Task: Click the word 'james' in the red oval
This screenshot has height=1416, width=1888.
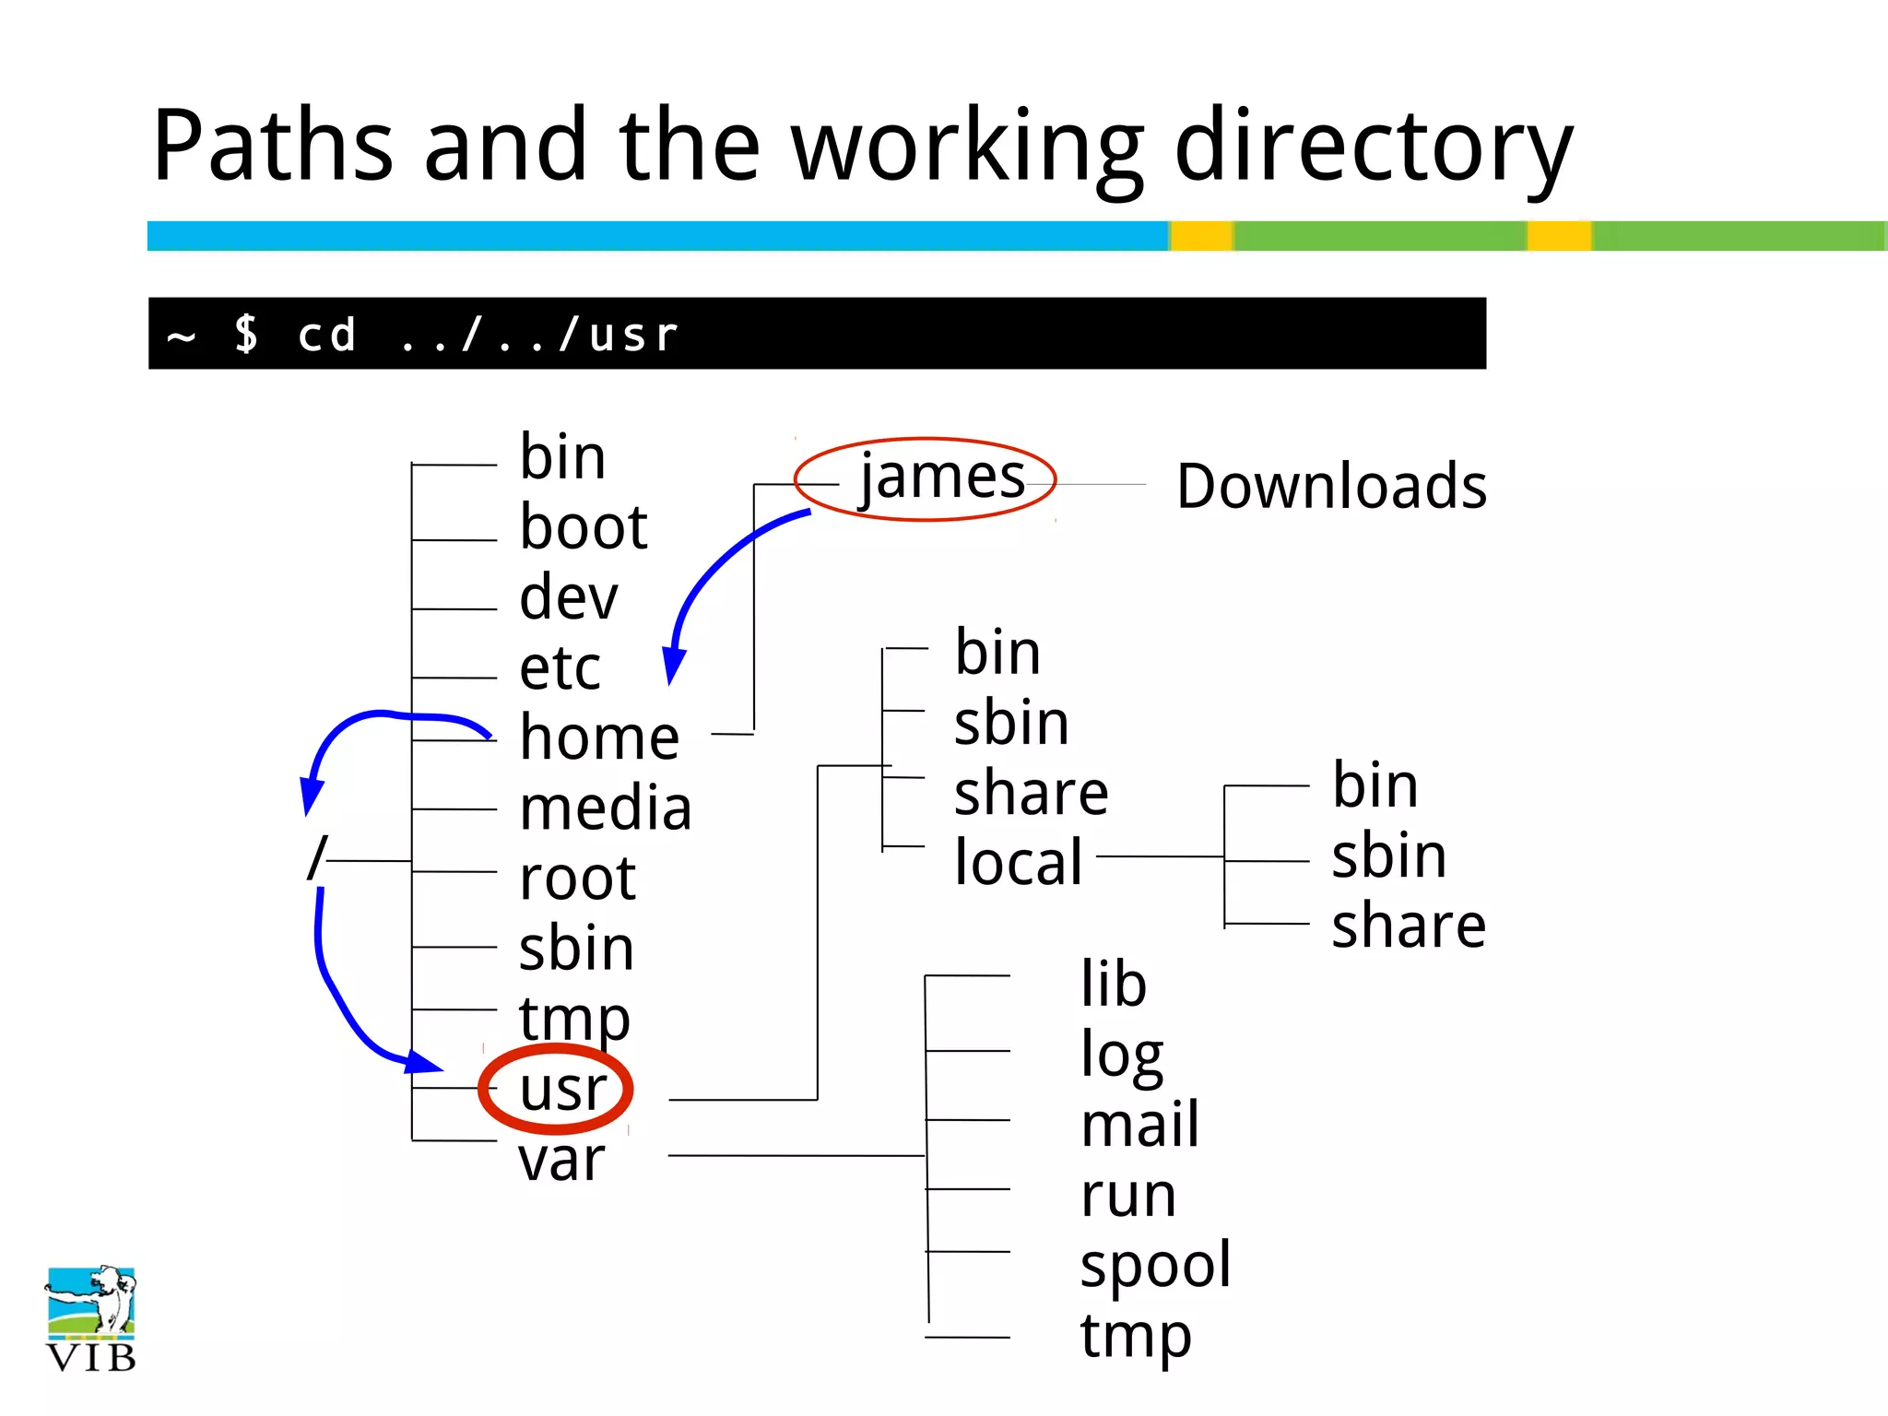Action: (942, 478)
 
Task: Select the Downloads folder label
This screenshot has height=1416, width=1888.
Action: (1331, 486)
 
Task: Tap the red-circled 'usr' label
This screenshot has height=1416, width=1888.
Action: (561, 1090)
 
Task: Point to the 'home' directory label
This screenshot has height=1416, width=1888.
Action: (599, 737)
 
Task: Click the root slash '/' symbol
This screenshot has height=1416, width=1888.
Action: (316, 858)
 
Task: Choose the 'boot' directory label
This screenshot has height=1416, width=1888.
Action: (584, 527)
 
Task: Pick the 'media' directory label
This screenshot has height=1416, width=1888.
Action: (605, 808)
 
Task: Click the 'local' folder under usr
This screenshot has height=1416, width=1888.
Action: (1018, 862)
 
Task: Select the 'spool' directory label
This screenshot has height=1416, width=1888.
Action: (1155, 1265)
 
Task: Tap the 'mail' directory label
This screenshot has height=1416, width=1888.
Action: (1139, 1125)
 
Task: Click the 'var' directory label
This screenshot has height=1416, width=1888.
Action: (561, 1159)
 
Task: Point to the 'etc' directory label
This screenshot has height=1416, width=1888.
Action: (560, 667)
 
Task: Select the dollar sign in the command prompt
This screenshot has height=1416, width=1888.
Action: (246, 334)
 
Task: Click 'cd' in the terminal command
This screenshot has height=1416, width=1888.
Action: (326, 334)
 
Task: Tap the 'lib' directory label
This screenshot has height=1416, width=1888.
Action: (1114, 984)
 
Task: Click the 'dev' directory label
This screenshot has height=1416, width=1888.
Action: (568, 597)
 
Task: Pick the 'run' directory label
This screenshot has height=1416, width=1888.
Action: (1128, 1196)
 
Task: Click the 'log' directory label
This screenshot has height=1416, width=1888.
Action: (1121, 1055)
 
